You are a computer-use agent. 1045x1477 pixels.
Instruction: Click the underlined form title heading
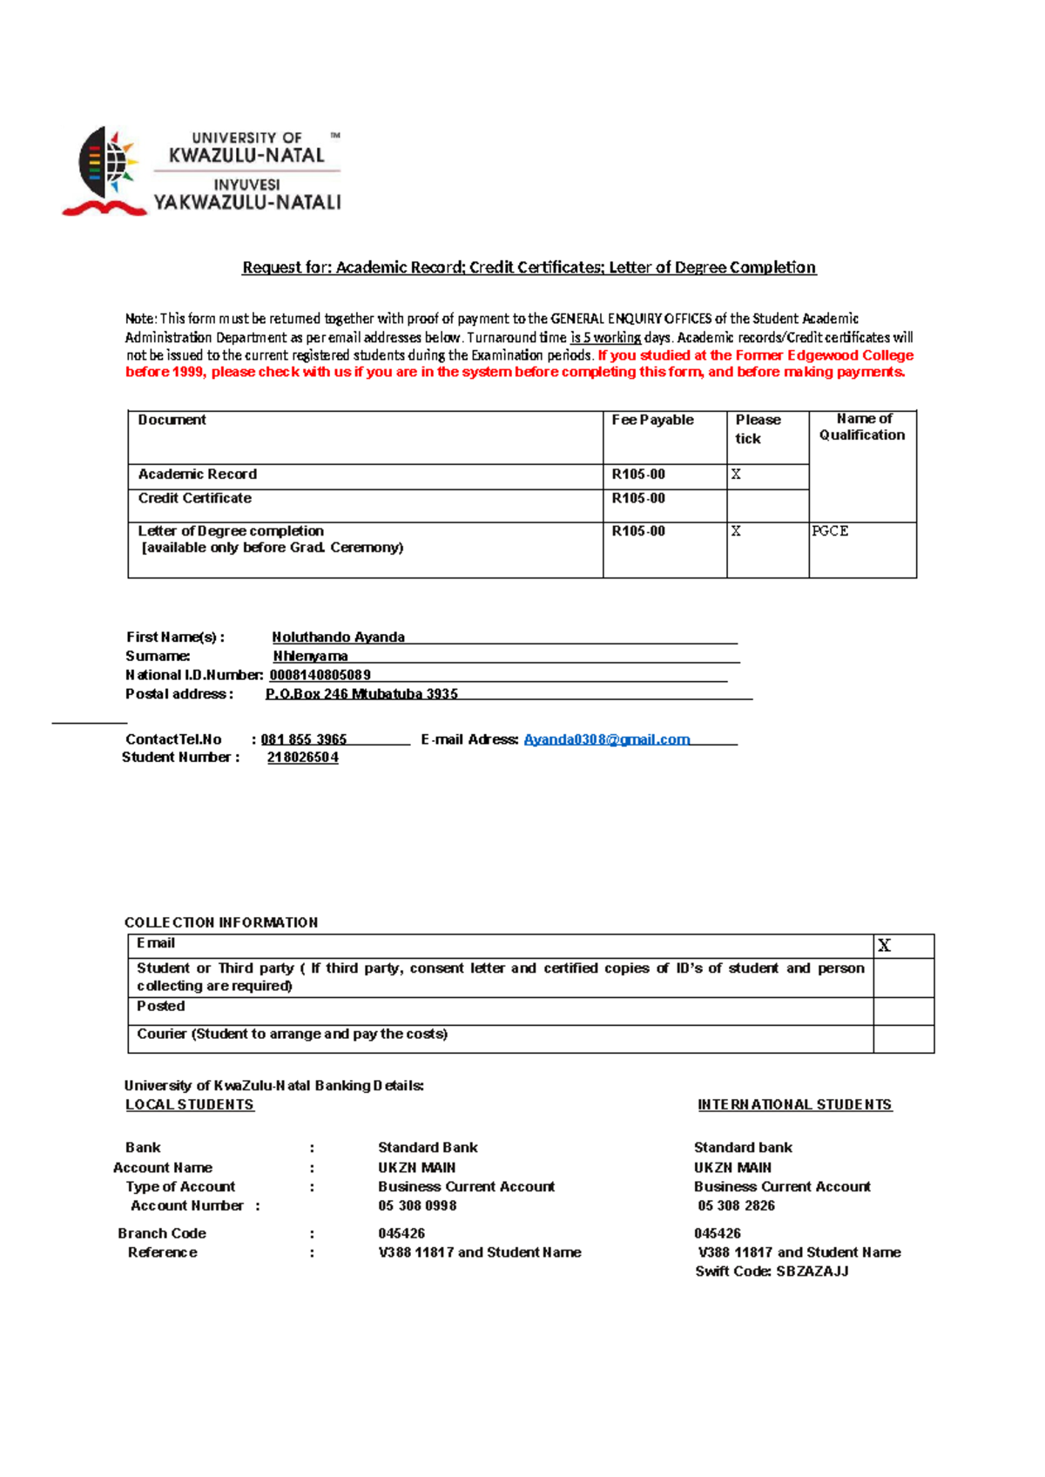coord(529,267)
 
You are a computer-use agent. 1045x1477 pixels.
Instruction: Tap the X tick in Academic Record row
coord(736,475)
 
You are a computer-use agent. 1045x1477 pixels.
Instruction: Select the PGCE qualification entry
coord(830,531)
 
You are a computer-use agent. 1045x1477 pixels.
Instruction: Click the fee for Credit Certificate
coord(638,498)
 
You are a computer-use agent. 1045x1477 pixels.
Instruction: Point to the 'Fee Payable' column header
coord(652,420)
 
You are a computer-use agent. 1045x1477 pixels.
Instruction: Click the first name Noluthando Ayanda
coord(338,637)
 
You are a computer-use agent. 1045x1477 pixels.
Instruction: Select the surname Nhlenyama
coord(310,657)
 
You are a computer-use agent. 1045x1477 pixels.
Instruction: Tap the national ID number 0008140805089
coord(320,675)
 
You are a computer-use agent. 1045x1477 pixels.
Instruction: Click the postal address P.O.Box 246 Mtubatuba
coord(361,694)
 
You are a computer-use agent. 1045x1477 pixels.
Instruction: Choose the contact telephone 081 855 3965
coord(303,739)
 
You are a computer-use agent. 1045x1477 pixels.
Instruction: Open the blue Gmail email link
coord(606,739)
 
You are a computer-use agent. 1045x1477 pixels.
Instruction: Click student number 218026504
coord(302,758)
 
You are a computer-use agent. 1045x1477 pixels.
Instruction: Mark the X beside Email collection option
coord(884,946)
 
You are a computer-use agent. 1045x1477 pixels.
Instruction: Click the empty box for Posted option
coord(903,1011)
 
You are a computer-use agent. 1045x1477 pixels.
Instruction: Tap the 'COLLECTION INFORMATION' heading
coord(221,922)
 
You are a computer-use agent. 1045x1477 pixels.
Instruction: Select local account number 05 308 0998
coord(417,1206)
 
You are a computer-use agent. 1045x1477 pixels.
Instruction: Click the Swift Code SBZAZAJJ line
coord(772,1271)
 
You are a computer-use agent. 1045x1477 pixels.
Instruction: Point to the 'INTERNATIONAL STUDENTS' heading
coord(794,1105)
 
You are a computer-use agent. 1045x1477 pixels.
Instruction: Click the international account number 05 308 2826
coord(736,1206)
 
